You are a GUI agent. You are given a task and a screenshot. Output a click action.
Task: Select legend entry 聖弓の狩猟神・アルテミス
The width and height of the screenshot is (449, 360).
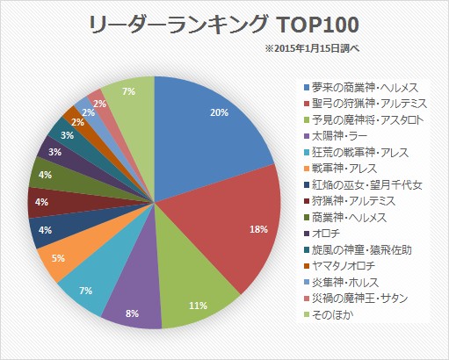point(367,104)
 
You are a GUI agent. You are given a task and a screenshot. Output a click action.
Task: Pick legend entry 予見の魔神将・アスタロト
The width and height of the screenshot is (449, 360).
point(367,119)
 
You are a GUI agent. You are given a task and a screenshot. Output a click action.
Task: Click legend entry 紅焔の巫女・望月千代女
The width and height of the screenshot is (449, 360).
point(367,185)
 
